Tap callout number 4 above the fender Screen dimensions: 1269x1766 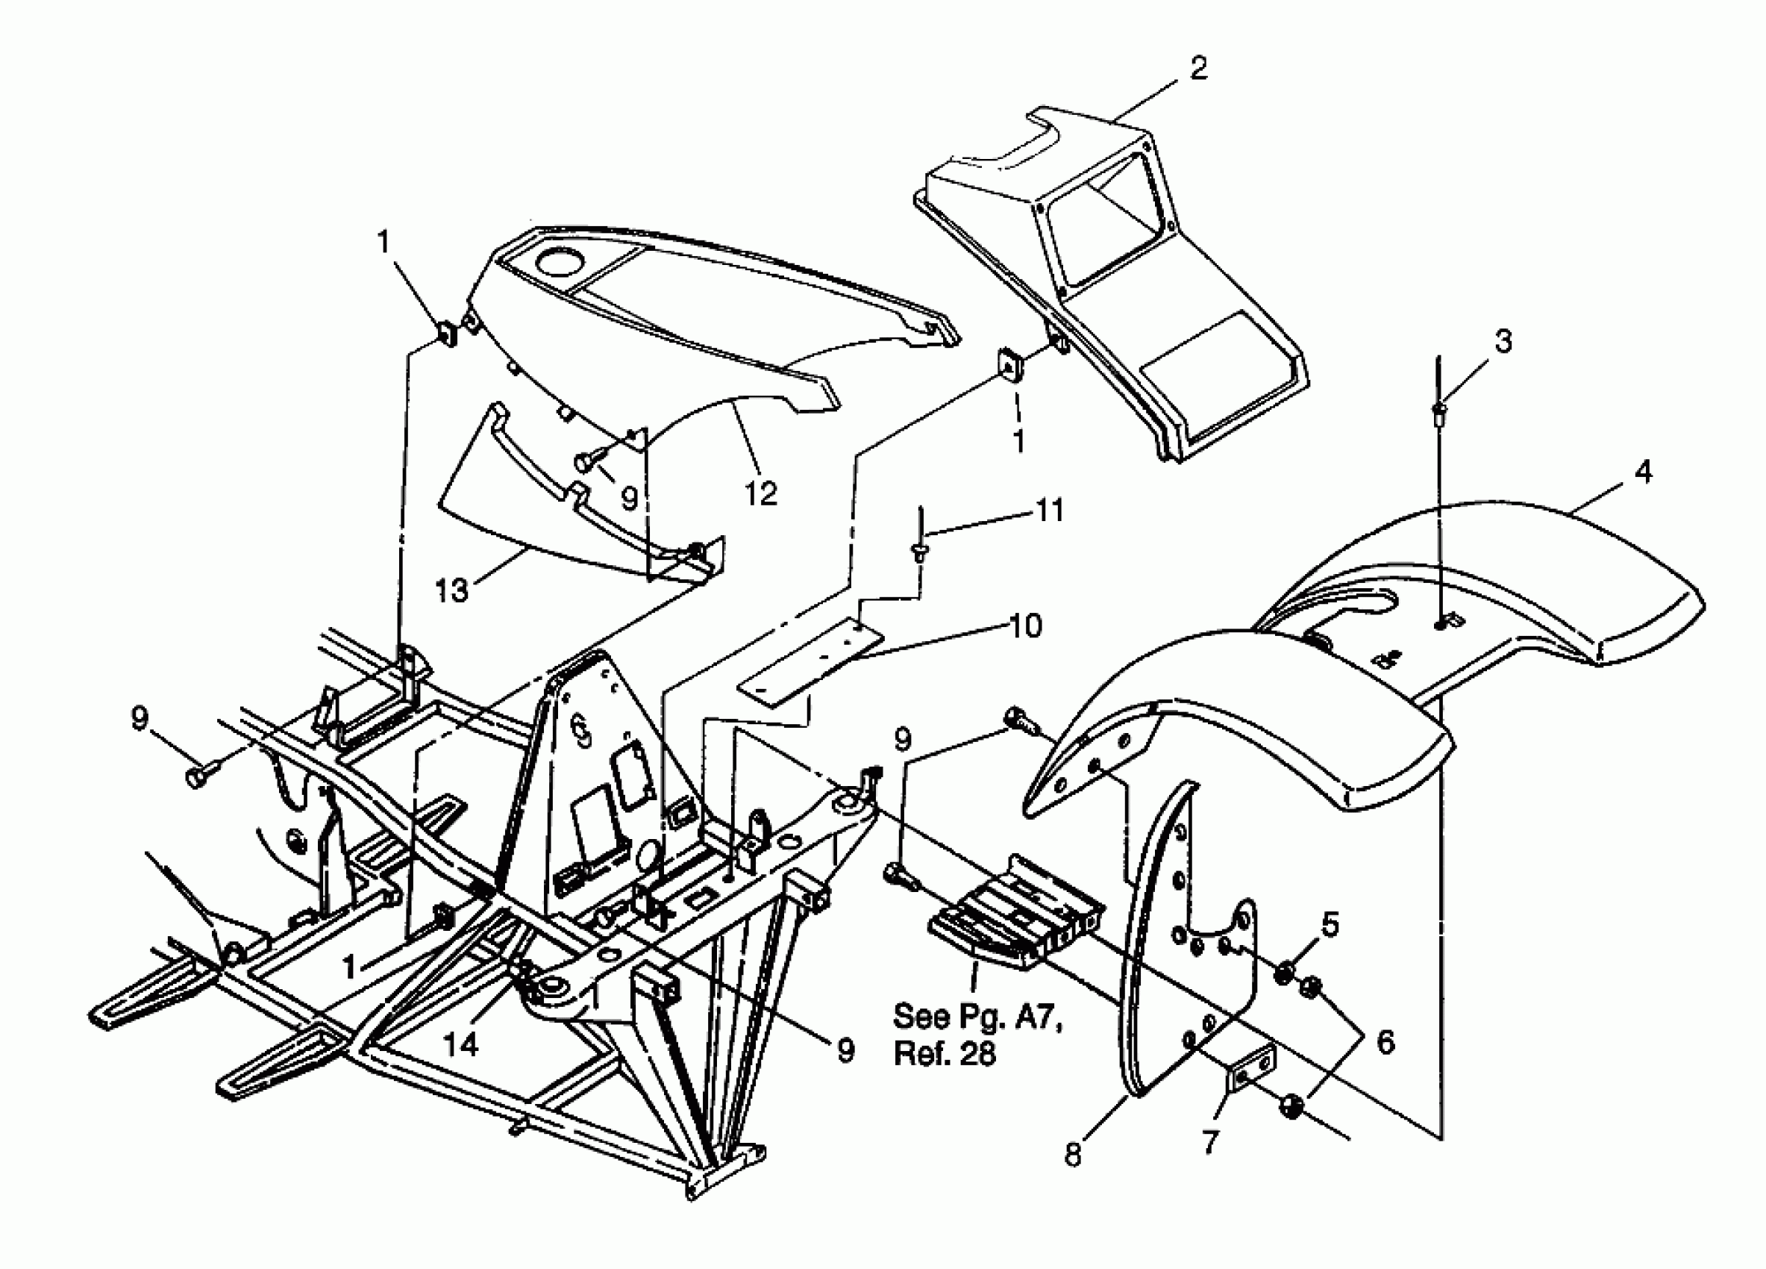click(1642, 472)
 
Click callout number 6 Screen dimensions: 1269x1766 click(1385, 1041)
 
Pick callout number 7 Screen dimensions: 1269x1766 click(1209, 1141)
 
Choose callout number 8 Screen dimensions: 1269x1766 click(1074, 1154)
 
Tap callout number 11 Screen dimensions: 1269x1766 click(1048, 511)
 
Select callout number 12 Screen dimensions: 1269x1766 click(761, 493)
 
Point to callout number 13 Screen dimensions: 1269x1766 click(451, 590)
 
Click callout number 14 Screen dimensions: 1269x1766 click(461, 1044)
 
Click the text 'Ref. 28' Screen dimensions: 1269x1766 click(945, 1054)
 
